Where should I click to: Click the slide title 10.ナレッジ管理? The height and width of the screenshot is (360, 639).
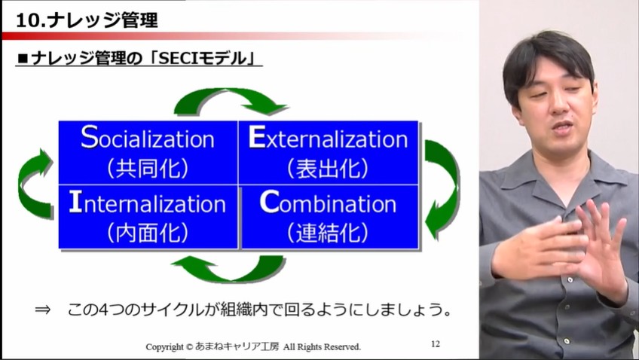[87, 20]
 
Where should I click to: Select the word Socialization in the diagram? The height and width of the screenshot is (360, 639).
[148, 139]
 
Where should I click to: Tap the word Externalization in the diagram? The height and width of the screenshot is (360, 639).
[328, 139]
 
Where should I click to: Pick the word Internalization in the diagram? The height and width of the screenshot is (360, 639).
[148, 203]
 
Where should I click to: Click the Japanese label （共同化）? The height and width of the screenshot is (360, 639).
[148, 167]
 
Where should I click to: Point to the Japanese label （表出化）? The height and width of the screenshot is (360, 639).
[328, 167]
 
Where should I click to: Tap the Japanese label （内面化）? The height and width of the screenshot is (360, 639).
[148, 232]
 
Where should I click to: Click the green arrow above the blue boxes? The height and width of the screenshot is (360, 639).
[230, 101]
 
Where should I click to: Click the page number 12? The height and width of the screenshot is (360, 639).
[436, 343]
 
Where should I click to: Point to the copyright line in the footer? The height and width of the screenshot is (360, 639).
[253, 347]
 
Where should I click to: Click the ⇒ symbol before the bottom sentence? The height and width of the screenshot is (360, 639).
[44, 310]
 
